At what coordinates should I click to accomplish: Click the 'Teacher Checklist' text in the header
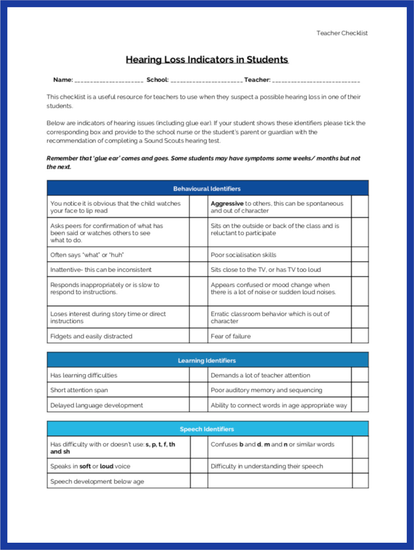pyautogui.click(x=342, y=33)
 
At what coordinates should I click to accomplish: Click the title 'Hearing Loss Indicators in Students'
pyautogui.click(x=207, y=59)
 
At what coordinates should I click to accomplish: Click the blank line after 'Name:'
pyautogui.click(x=109, y=80)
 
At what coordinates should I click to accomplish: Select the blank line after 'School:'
pyautogui.click(x=206, y=80)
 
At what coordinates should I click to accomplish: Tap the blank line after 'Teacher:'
pyautogui.click(x=316, y=80)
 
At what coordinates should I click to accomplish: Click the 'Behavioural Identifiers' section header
pyautogui.click(x=207, y=189)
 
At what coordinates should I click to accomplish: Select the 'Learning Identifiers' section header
pyautogui.click(x=207, y=361)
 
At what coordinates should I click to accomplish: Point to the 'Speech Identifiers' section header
pyautogui.click(x=207, y=429)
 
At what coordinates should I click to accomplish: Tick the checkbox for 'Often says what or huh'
pyautogui.click(x=198, y=255)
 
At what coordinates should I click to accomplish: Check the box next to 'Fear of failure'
pyautogui.click(x=359, y=336)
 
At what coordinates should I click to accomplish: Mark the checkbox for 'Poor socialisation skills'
pyautogui.click(x=359, y=255)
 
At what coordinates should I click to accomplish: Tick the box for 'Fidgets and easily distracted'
pyautogui.click(x=198, y=336)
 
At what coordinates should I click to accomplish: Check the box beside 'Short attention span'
pyautogui.click(x=198, y=390)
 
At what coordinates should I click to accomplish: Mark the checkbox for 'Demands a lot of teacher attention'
pyautogui.click(x=359, y=375)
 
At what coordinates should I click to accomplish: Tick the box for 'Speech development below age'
pyautogui.click(x=199, y=481)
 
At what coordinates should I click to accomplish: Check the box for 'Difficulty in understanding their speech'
pyautogui.click(x=360, y=466)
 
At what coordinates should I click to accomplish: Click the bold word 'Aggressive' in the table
pyautogui.click(x=227, y=204)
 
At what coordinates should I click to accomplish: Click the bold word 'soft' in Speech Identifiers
pyautogui.click(x=85, y=466)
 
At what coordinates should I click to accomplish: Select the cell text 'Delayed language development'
pyautogui.click(x=97, y=405)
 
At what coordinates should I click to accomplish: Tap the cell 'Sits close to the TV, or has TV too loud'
pyautogui.click(x=265, y=270)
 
